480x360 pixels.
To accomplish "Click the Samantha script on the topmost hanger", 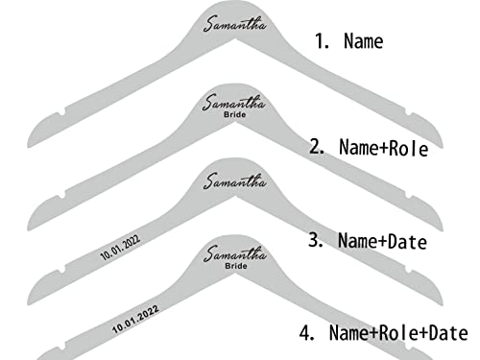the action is coord(235,24).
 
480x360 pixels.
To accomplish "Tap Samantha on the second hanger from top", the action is coord(234,102).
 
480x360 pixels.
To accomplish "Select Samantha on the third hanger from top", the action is coord(235,180).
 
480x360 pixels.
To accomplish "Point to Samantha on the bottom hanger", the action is coord(235,253).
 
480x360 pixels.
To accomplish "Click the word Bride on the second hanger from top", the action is coord(235,114).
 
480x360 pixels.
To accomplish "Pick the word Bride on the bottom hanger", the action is coord(236,266).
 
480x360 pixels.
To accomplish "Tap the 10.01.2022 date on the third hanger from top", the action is coord(120,248).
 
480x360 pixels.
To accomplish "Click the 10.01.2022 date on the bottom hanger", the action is coord(135,319).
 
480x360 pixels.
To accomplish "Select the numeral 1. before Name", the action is coord(322,41).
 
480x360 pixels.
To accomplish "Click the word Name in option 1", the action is coord(364,41).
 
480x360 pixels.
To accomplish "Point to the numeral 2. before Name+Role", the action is coord(317,147).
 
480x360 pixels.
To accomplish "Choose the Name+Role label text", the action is coord(383,148).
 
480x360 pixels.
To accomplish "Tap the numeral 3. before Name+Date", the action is coord(316,239).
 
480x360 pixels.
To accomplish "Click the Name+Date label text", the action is coord(382,241).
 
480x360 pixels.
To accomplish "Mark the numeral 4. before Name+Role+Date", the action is coord(307,332).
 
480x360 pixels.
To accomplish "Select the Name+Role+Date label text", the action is coord(398,333).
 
